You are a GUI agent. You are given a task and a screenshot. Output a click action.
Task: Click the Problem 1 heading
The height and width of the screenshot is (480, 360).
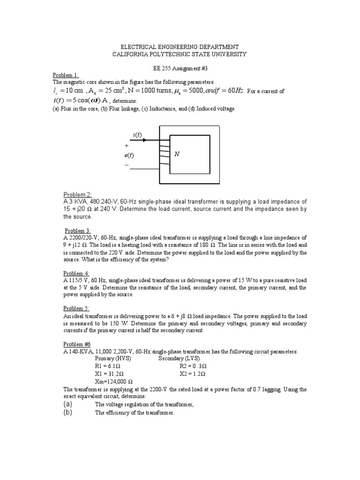[x=66, y=75]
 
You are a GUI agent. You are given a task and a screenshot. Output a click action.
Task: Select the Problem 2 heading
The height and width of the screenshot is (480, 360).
[x=77, y=195]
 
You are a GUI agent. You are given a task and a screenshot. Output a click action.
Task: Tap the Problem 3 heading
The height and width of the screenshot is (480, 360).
[x=77, y=231]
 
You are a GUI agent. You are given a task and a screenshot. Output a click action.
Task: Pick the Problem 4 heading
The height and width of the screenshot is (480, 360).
[x=76, y=273]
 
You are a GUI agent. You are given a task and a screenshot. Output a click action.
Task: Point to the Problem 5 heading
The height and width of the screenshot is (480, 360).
[x=76, y=308]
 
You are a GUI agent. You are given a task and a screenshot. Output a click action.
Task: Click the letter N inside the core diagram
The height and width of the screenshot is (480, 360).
[x=177, y=154]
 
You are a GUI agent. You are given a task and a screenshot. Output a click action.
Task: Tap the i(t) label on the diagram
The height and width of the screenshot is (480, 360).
[x=137, y=135]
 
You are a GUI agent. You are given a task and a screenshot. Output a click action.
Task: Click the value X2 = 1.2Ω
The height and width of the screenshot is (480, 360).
[x=193, y=374]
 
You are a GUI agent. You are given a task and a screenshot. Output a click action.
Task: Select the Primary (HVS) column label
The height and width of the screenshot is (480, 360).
[x=113, y=359]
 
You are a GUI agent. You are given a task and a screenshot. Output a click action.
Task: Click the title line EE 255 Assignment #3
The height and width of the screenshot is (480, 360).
[x=180, y=67]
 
